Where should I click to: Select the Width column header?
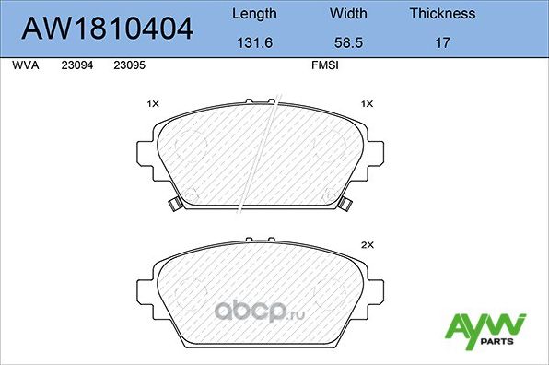(348, 14)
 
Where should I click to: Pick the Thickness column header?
(442, 14)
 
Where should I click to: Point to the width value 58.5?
(348, 43)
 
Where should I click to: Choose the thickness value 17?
(442, 43)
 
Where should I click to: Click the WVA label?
(26, 66)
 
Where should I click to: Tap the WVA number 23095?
(128, 66)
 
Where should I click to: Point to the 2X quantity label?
(367, 245)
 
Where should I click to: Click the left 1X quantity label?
(153, 105)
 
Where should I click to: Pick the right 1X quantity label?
(367, 105)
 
